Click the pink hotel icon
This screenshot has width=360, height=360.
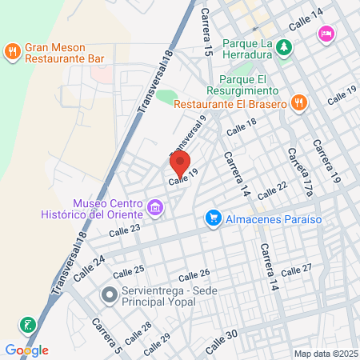[x=326, y=34]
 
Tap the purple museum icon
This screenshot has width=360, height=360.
[x=155, y=210]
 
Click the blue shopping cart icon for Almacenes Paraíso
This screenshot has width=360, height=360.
[x=213, y=217]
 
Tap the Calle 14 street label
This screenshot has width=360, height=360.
[x=306, y=18]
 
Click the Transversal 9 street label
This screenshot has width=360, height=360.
[x=188, y=135]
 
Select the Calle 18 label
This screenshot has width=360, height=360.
[x=241, y=126]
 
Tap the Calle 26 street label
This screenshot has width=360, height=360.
[x=194, y=274]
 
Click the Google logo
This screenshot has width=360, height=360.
[x=26, y=350]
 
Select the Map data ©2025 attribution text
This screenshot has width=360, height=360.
[x=325, y=353]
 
